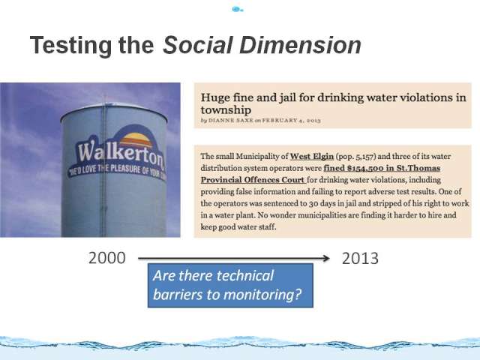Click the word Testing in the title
pyautogui.click(x=70, y=46)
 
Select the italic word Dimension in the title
pyautogui.click(x=300, y=45)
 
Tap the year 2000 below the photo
pyautogui.click(x=107, y=258)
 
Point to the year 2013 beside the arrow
pyautogui.click(x=360, y=259)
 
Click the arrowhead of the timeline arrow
pyautogui.click(x=326, y=258)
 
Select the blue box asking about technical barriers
pyautogui.click(x=230, y=285)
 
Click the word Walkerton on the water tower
pyautogui.click(x=121, y=153)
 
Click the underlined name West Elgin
pyautogui.click(x=312, y=157)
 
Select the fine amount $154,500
pyautogui.click(x=367, y=168)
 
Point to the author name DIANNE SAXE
pyautogui.click(x=231, y=120)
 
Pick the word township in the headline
pyautogui.click(x=226, y=110)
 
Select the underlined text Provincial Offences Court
pyautogui.click(x=253, y=180)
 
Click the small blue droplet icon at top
pyautogui.click(x=237, y=9)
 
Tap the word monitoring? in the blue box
pyautogui.click(x=262, y=295)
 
